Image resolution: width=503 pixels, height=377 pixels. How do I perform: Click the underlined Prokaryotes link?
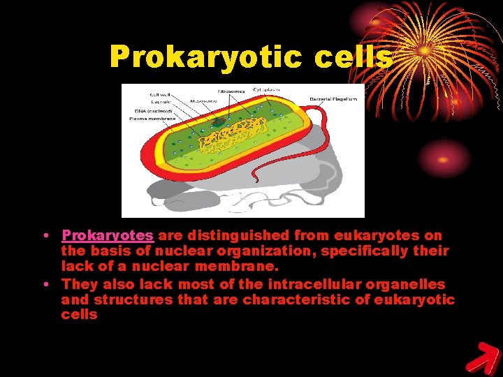point(107,237)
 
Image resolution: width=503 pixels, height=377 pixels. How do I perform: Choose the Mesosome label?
point(203,101)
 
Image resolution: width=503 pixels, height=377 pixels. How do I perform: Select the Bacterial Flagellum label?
point(333,99)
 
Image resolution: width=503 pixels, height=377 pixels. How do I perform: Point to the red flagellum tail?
point(314,175)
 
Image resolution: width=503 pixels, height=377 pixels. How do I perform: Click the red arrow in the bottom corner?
point(481,357)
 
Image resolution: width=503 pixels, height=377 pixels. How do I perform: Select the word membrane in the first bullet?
point(245,266)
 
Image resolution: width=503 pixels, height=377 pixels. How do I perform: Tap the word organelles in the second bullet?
point(411,284)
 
